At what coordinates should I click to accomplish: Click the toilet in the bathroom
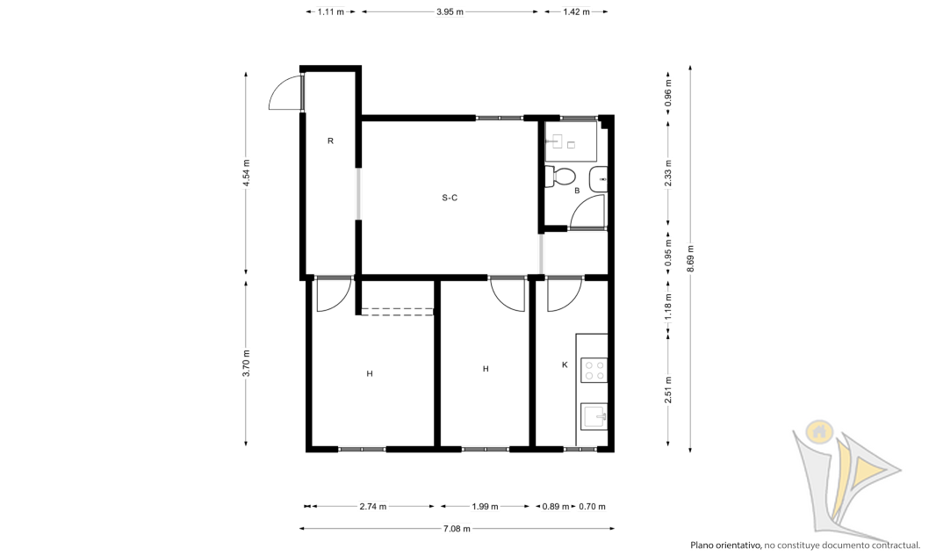(560, 177)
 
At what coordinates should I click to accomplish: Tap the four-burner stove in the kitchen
(594, 370)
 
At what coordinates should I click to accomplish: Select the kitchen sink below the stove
(594, 415)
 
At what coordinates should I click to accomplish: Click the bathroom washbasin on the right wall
(598, 179)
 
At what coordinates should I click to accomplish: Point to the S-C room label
(450, 198)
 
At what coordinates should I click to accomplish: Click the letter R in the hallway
(331, 141)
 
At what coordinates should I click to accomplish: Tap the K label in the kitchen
(565, 365)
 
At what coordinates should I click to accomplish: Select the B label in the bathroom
(577, 191)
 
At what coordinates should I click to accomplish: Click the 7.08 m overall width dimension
(457, 529)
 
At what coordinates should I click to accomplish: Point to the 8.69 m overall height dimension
(691, 259)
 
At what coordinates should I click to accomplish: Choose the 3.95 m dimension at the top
(450, 11)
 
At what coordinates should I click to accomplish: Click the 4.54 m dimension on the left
(247, 173)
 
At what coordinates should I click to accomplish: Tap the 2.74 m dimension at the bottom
(372, 507)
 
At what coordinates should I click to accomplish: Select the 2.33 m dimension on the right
(668, 173)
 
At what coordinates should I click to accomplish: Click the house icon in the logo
(819, 431)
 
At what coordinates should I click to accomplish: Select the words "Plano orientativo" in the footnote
(725, 545)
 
